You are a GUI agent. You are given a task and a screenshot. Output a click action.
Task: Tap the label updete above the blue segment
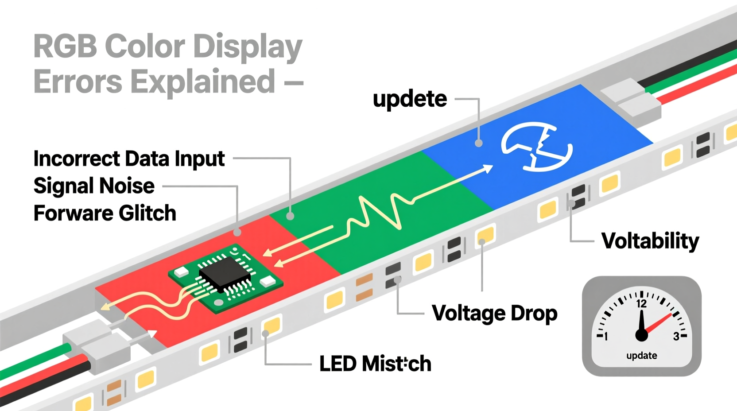[x=410, y=99]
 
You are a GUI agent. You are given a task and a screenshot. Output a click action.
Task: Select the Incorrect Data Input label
[x=129, y=159]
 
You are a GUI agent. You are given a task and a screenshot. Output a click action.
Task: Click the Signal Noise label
[x=94, y=186]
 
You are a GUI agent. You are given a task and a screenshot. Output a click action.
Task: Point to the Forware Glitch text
[x=105, y=213]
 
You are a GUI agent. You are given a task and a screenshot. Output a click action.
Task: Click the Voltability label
[x=650, y=241]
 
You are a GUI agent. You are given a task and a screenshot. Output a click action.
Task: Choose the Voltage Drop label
[x=494, y=313]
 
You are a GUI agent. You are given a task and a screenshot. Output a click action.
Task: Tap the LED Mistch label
[x=375, y=364]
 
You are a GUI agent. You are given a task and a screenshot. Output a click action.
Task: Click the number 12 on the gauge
[x=641, y=304]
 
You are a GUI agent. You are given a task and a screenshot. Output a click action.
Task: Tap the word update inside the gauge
[x=641, y=356]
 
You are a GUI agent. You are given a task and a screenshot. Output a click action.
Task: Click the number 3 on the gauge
[x=676, y=337]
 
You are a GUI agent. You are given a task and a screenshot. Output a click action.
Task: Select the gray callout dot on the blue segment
[x=478, y=143]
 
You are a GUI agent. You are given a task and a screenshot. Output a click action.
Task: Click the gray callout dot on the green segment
[x=290, y=216]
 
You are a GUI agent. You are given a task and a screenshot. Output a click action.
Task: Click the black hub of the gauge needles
[x=641, y=335]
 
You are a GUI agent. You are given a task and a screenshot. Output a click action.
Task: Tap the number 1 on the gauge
[x=606, y=337]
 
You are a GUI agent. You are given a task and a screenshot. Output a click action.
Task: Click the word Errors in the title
[x=78, y=82]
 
